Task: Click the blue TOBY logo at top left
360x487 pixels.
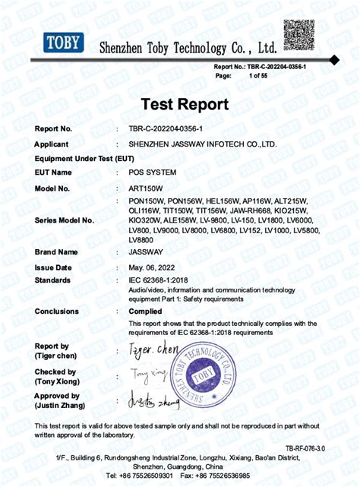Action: [x=63, y=43]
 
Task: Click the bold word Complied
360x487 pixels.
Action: [x=145, y=311]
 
